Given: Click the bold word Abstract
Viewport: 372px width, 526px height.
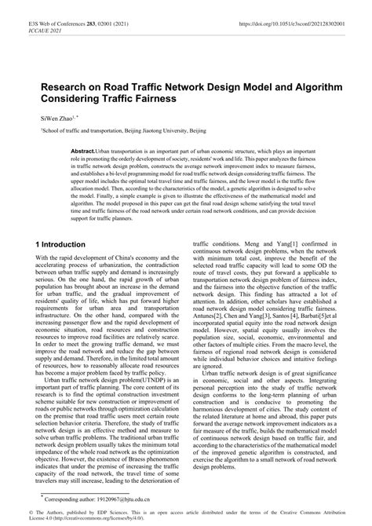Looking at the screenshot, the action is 82,149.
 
